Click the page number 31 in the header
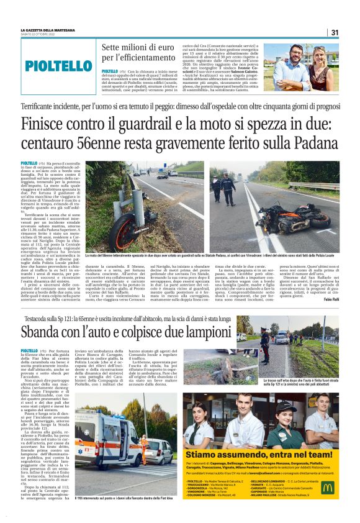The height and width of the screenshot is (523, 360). coord(334,32)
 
